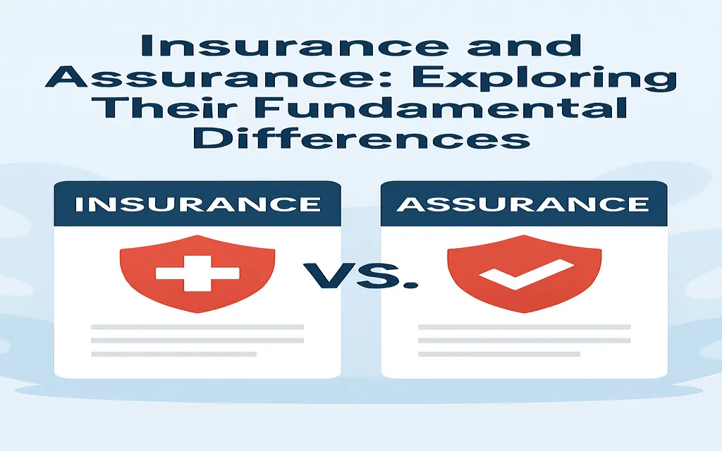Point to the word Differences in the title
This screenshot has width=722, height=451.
tap(361, 137)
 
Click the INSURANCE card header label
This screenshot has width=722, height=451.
tap(198, 204)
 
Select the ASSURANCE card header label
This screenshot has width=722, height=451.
tap(523, 204)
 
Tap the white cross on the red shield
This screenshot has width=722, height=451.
tap(197, 273)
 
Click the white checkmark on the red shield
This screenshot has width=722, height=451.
tap(527, 275)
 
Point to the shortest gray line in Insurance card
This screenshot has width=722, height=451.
tap(173, 354)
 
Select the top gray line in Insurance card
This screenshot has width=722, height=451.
tap(197, 327)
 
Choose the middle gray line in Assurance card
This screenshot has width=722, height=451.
tap(524, 340)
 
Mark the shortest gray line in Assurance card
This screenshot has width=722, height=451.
tap(499, 354)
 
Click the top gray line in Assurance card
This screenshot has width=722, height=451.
tap(524, 327)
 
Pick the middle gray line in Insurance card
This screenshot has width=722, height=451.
tap(197, 340)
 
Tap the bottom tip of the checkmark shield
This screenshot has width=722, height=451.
tap(525, 313)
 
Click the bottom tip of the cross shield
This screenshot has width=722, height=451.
tap(198, 313)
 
